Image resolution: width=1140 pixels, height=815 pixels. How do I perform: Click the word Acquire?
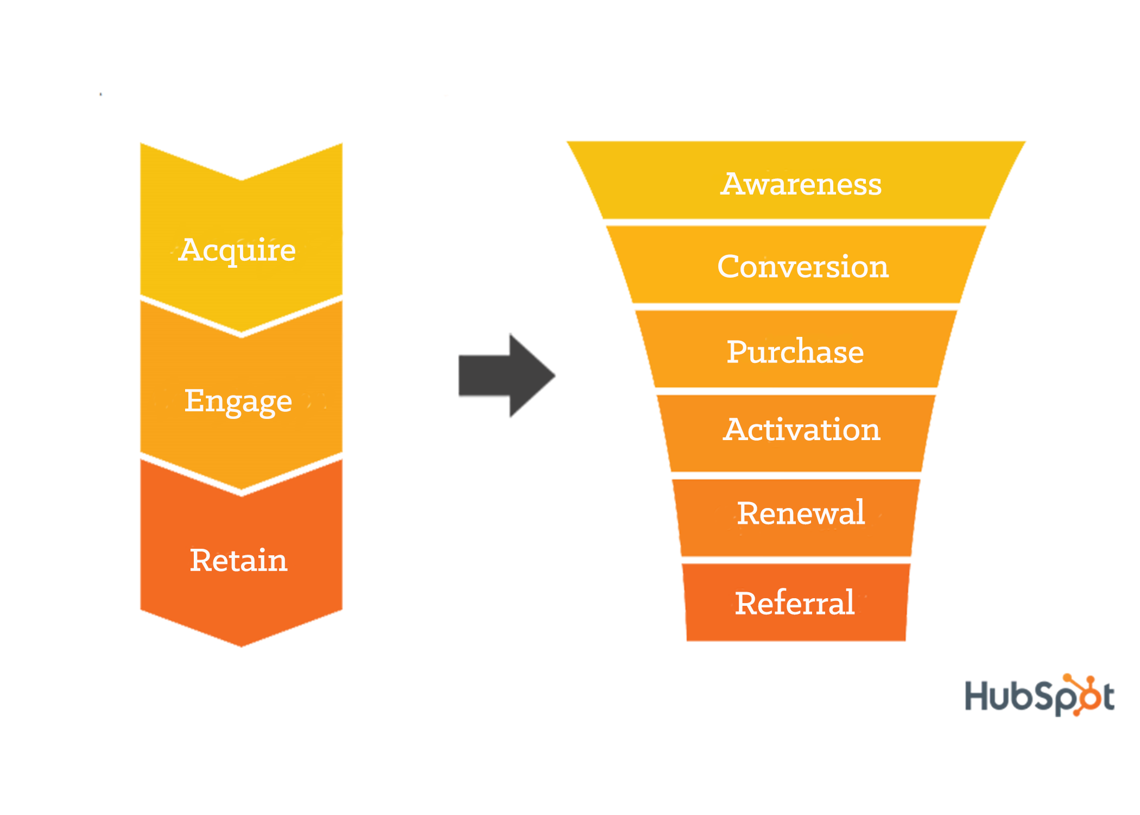pos(237,250)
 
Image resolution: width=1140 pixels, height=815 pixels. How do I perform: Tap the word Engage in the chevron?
pos(238,401)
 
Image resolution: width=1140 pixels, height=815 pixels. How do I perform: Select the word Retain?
pos(238,560)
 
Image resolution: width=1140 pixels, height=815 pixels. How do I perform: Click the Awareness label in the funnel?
pos(801,184)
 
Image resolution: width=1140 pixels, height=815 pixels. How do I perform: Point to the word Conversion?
pos(802,266)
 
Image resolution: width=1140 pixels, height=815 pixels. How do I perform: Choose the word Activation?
pos(801,429)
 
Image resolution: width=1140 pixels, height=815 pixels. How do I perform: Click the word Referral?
pos(795,603)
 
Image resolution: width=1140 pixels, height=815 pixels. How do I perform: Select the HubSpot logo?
pos(1039,695)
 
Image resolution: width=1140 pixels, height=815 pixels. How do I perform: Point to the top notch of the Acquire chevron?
pos(241,179)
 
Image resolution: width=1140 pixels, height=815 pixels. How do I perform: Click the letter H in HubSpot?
pos(977,695)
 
